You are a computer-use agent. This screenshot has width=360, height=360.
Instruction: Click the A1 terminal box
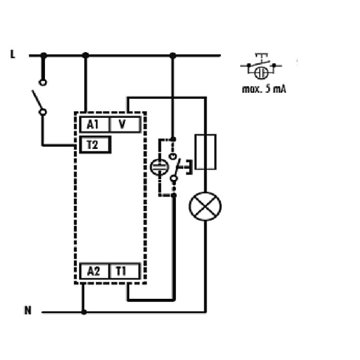click(x=94, y=125)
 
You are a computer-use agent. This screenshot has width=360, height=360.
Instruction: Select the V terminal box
click(x=125, y=125)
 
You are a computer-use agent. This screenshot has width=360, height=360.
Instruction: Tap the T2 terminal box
click(x=95, y=144)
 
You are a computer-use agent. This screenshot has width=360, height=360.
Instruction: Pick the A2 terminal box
click(x=94, y=271)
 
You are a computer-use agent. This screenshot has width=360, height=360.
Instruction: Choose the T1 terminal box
click(x=125, y=271)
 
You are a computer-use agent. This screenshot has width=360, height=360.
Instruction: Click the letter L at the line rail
click(x=13, y=54)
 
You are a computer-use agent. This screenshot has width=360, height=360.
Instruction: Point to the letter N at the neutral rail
click(x=28, y=310)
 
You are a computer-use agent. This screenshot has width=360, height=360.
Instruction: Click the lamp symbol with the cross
click(x=205, y=206)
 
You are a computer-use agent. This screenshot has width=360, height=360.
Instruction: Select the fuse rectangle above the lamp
click(x=206, y=152)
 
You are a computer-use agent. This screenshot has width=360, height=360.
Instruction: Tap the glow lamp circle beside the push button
click(x=159, y=167)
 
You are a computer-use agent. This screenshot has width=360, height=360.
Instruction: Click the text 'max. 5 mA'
click(x=264, y=89)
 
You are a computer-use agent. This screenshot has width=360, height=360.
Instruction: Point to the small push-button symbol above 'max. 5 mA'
click(x=261, y=66)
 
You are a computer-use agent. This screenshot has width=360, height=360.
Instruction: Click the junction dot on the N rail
click(x=84, y=312)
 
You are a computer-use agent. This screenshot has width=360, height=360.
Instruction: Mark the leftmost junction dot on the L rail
click(x=43, y=55)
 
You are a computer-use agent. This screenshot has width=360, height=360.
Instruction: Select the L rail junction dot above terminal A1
click(x=85, y=55)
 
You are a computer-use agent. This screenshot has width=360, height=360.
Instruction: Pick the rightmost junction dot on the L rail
click(x=173, y=55)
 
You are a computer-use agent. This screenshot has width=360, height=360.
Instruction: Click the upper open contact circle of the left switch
click(x=43, y=82)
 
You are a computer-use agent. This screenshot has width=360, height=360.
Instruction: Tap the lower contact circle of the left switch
click(x=43, y=112)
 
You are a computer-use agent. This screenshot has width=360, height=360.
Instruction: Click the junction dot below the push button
click(x=174, y=195)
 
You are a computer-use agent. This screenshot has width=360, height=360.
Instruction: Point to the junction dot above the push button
click(x=174, y=139)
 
